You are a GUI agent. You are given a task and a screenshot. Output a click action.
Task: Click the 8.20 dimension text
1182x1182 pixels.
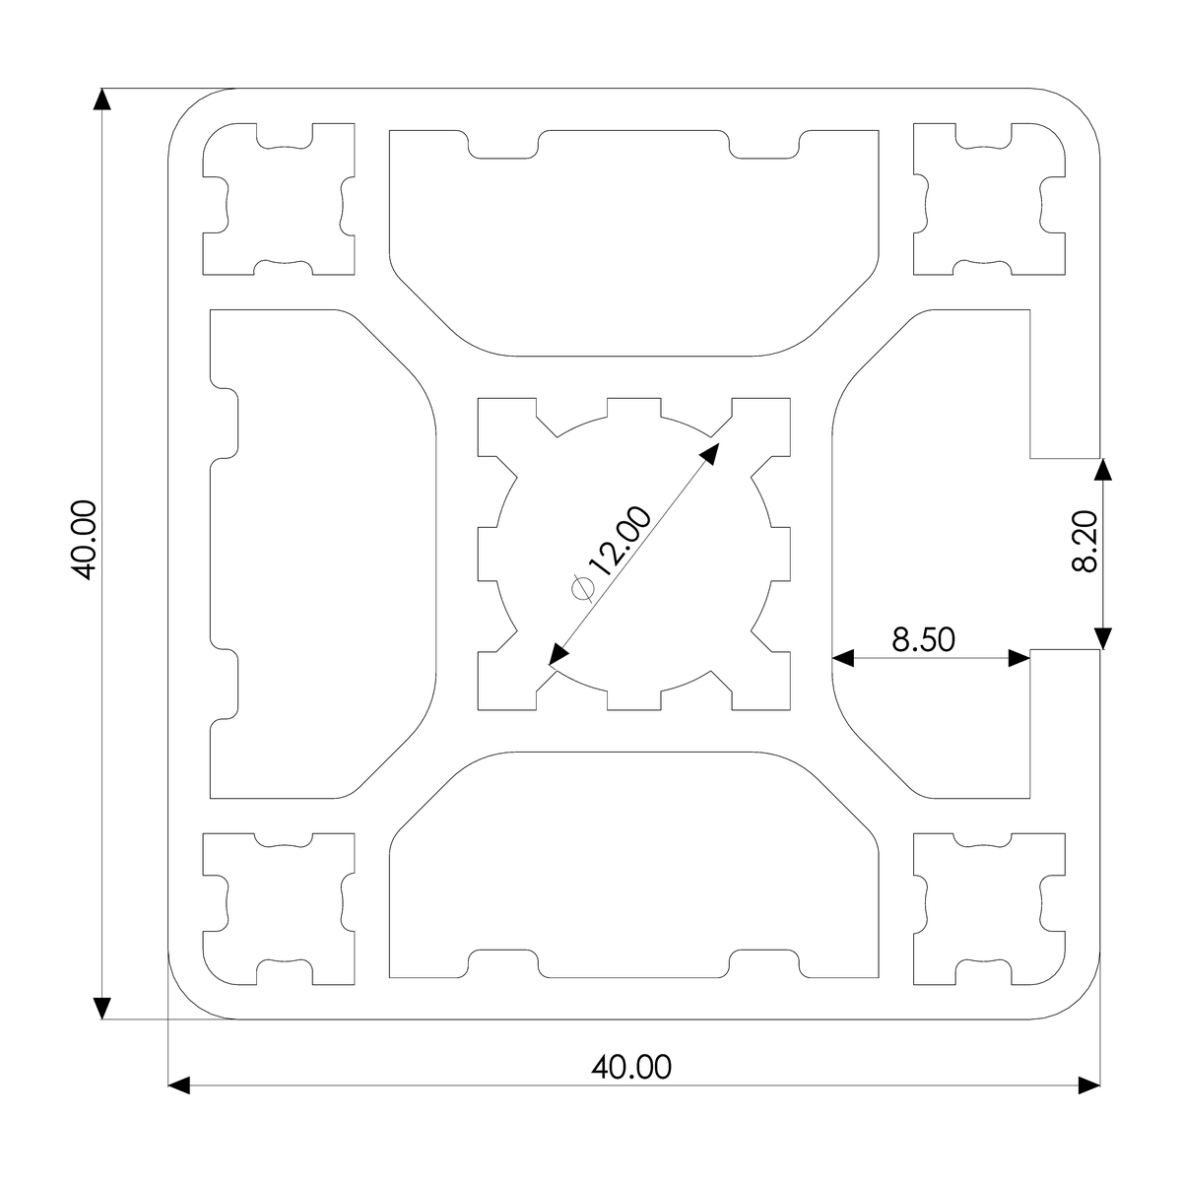(x=1083, y=541)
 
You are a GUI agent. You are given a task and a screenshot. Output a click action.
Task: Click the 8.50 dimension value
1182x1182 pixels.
(x=923, y=639)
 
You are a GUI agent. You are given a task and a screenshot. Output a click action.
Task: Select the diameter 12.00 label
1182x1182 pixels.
(x=611, y=552)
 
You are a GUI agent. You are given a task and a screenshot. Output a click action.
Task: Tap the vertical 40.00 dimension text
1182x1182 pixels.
(x=84, y=540)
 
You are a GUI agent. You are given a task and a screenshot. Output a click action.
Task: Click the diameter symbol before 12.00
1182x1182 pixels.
(x=583, y=588)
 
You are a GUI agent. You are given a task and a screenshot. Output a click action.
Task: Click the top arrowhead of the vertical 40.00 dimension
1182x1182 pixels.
(x=101, y=99)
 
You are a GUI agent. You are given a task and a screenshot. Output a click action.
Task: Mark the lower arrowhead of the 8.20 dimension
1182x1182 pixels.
(x=1103, y=638)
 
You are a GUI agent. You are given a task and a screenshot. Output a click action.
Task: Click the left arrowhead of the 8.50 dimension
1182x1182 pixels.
(x=843, y=658)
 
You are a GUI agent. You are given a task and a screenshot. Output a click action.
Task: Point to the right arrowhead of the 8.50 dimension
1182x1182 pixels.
(x=1018, y=658)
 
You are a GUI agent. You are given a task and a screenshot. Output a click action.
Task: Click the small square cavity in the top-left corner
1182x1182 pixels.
(x=279, y=199)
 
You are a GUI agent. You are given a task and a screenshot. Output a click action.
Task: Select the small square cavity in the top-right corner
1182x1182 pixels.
(x=989, y=199)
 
